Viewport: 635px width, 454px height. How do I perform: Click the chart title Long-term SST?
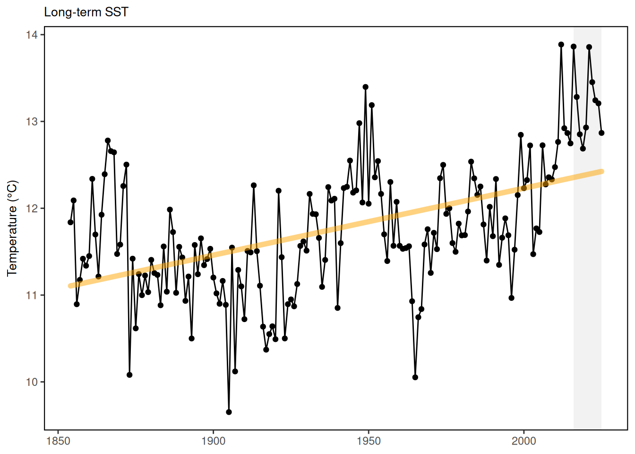pyautogui.click(x=86, y=12)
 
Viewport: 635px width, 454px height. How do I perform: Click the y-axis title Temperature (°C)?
pyautogui.click(x=12, y=228)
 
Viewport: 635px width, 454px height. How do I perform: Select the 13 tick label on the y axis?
pyautogui.click(x=32, y=122)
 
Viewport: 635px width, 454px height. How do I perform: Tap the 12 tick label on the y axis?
pyautogui.click(x=32, y=209)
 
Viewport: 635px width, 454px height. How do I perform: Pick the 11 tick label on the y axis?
pyautogui.click(x=32, y=296)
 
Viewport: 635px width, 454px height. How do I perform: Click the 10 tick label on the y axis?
pyautogui.click(x=32, y=382)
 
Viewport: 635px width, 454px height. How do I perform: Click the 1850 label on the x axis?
pyautogui.click(x=58, y=441)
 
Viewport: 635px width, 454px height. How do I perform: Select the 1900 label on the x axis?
pyautogui.click(x=213, y=441)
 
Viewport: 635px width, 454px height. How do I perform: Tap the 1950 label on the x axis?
pyautogui.click(x=369, y=441)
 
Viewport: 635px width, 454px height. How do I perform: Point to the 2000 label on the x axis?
pyautogui.click(x=524, y=441)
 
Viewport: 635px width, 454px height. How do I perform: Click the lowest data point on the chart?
pyautogui.click(x=229, y=412)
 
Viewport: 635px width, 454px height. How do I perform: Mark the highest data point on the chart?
pyautogui.click(x=561, y=44)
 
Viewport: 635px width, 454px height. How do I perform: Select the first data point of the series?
pyautogui.click(x=70, y=222)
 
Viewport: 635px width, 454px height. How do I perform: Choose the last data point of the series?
pyautogui.click(x=601, y=133)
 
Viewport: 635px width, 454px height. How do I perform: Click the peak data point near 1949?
pyautogui.click(x=366, y=87)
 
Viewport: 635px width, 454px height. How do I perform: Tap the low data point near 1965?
pyautogui.click(x=415, y=377)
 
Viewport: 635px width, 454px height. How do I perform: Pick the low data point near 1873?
pyautogui.click(x=129, y=375)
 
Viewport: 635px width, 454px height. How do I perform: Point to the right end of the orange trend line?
pyautogui.click(x=601, y=171)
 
